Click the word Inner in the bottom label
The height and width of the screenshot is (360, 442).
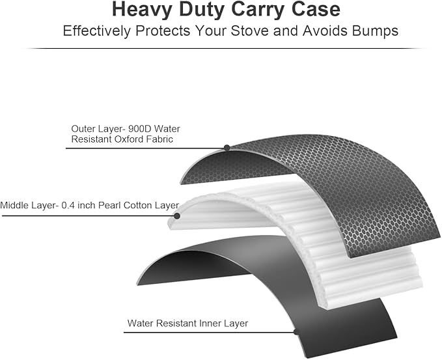(x=208, y=323)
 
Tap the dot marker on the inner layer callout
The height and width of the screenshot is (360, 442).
(x=297, y=331)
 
